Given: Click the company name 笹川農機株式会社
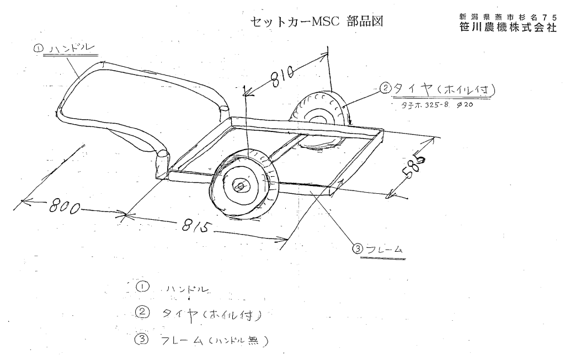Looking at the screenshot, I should pos(508,27).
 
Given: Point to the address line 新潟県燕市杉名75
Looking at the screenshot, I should pos(508,17).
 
